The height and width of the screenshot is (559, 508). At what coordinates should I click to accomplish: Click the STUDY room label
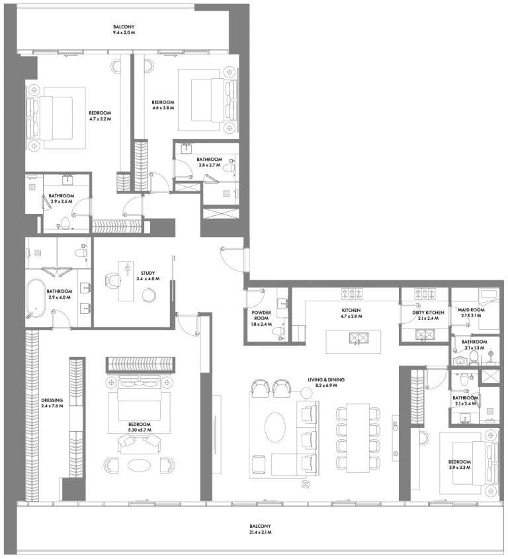point(148,273)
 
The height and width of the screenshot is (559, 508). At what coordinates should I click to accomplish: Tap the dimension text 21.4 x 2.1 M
point(260,533)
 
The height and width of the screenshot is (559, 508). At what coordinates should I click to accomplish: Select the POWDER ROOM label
point(261,315)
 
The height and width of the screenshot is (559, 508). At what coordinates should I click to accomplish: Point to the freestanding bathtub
point(36,298)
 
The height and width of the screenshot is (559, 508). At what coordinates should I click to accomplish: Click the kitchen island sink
point(359,338)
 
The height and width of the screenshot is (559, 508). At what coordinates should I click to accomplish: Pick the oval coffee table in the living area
point(275,427)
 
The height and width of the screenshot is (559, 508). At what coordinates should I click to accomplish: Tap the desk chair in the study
point(113,280)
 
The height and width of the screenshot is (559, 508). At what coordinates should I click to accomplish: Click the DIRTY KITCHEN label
point(428,313)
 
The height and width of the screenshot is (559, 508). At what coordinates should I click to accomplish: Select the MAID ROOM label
point(471,310)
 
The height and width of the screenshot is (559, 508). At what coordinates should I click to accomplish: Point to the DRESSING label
point(52,400)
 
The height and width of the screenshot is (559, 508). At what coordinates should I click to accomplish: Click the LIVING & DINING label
point(326,380)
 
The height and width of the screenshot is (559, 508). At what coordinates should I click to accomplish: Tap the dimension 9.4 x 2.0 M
point(124,32)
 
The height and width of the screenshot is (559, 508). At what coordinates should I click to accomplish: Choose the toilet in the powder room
point(278,332)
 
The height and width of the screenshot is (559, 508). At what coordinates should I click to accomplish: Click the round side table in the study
point(149,295)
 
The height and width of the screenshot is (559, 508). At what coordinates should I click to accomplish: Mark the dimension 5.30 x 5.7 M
point(140,431)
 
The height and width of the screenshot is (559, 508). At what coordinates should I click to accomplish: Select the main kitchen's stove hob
point(352,293)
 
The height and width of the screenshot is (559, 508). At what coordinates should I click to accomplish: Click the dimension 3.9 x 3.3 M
point(459,468)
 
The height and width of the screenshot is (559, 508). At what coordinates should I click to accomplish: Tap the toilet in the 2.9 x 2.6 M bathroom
point(65,223)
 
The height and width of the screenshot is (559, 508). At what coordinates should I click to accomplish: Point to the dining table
point(358,437)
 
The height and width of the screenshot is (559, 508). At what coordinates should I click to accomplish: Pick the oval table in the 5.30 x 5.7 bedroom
point(139,465)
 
